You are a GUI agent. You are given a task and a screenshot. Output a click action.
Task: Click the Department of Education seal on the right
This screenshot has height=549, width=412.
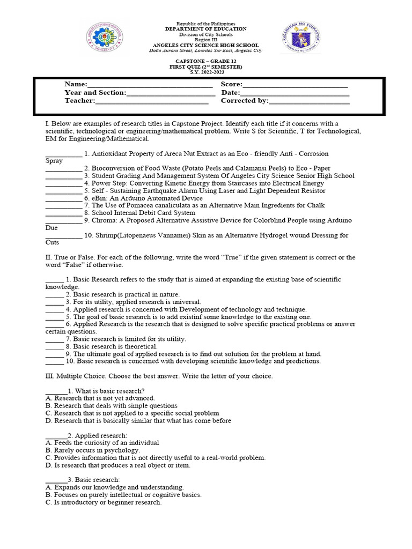coord(301,38)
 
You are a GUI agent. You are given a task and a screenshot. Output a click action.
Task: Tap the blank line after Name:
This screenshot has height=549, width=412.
coord(150,85)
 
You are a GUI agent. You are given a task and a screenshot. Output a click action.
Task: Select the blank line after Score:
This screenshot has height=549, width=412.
coord(295,85)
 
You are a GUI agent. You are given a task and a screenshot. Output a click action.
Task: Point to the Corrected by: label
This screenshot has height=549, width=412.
coord(245,101)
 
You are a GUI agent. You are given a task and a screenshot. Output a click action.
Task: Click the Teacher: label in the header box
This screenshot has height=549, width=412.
coord(80,101)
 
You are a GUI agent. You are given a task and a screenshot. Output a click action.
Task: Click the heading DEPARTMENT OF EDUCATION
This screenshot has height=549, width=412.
coord(205,29)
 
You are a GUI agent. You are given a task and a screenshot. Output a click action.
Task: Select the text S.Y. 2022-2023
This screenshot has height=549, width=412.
coord(205,72)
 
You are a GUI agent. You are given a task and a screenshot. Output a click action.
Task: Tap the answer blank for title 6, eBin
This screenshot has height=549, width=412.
coord(63,198)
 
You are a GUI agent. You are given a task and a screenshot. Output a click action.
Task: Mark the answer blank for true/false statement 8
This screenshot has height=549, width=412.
coord(54,346)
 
